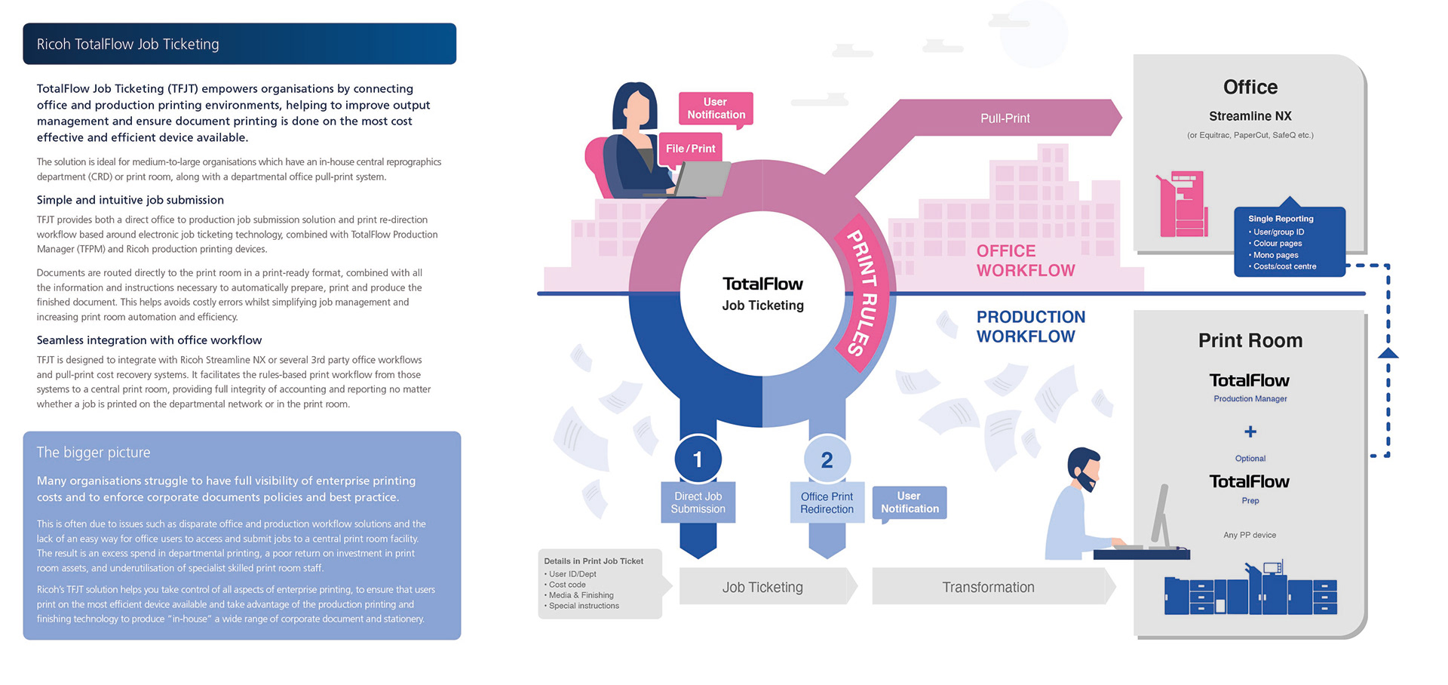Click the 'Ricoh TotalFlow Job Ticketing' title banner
(x=239, y=44)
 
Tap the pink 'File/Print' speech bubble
(x=690, y=149)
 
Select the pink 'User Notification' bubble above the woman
(x=716, y=109)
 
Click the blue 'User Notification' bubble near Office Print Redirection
(x=910, y=502)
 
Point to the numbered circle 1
(x=698, y=459)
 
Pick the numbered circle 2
(x=827, y=459)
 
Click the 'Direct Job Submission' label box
(x=698, y=502)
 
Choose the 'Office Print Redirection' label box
(x=827, y=502)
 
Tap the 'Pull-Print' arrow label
(x=1005, y=118)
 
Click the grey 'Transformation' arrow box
(x=988, y=587)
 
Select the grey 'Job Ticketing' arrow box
(x=762, y=587)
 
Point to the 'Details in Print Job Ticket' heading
(x=594, y=561)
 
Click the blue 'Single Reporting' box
(x=1289, y=242)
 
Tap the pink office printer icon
(x=1182, y=204)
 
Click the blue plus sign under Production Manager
(x=1250, y=432)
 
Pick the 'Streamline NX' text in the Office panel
(x=1250, y=116)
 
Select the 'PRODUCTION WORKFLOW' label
(x=1030, y=327)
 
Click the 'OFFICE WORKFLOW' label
(x=1025, y=261)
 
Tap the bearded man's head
(x=1084, y=468)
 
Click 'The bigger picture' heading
(x=94, y=453)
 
